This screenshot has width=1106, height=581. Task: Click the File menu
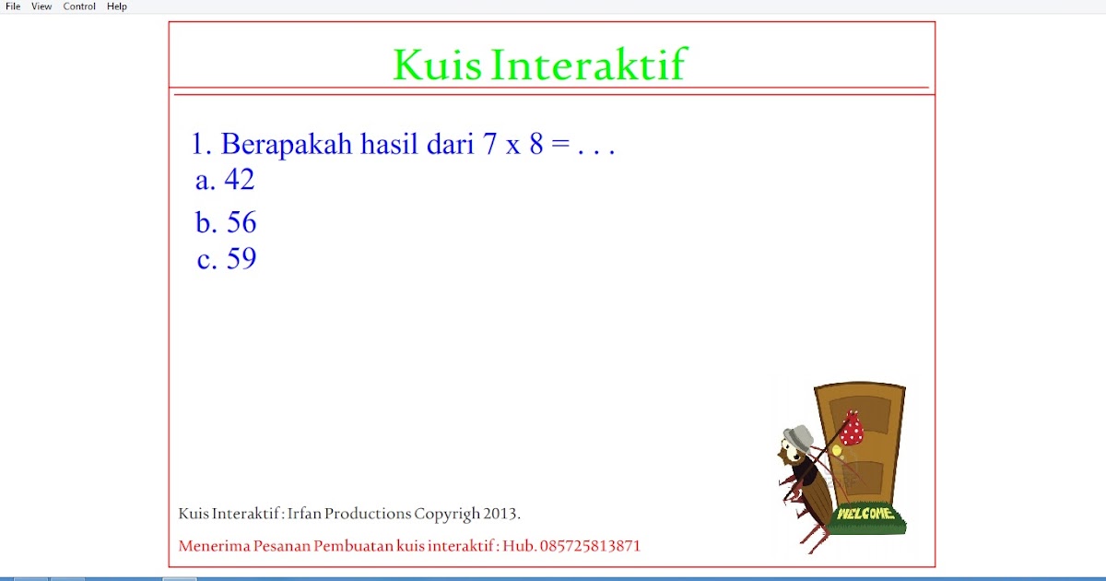point(13,6)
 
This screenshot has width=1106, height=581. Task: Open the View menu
point(41,6)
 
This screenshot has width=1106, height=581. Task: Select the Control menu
point(79,6)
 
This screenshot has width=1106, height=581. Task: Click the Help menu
point(117,6)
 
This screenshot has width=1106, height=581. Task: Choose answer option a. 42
point(225,180)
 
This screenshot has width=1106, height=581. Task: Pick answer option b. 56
point(226,223)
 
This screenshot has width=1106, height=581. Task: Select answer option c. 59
point(227,259)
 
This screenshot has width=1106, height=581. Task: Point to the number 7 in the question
point(488,145)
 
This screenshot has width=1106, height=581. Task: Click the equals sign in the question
point(560,145)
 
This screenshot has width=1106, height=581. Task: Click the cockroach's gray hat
point(798,435)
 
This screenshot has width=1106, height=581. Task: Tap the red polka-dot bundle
point(852,429)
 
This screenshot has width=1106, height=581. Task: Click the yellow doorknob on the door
point(836,451)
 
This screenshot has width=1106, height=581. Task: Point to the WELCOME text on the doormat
point(865,513)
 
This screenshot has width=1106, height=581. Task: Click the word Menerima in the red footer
point(211,546)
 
